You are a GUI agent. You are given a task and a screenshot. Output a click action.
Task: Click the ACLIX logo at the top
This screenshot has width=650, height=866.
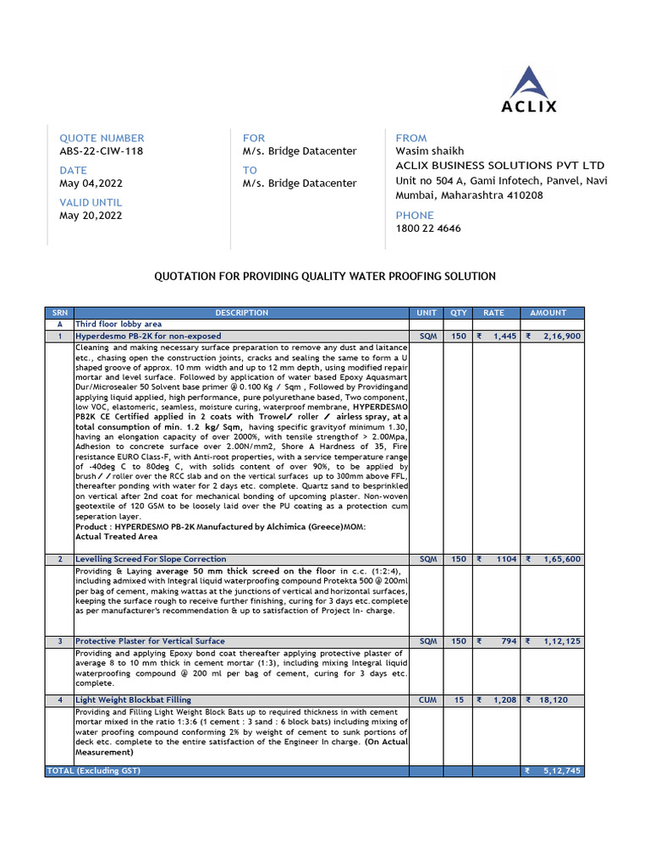point(529,90)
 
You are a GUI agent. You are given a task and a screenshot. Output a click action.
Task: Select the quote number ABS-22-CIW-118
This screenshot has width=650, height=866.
point(101,151)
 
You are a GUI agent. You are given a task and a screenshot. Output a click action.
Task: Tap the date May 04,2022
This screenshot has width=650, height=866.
point(91,184)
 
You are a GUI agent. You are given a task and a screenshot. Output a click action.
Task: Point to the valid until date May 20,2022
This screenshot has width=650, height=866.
point(91,216)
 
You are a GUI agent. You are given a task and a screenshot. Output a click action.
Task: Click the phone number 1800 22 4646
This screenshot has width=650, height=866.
point(428,228)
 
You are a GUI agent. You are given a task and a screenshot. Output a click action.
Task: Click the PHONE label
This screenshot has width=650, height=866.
point(415,215)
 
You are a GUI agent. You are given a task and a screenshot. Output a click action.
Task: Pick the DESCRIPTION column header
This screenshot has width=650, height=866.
point(241,313)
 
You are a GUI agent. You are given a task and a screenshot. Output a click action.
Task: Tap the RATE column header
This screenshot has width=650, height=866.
point(493,313)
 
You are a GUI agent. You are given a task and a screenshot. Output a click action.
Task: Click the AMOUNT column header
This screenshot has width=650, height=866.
point(548,313)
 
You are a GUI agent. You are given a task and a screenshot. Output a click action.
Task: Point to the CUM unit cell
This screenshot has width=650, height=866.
point(428,700)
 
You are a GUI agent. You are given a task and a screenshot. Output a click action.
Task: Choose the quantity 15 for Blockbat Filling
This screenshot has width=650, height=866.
point(459,700)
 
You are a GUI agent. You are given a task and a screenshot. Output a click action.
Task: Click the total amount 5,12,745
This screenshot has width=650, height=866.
point(561,771)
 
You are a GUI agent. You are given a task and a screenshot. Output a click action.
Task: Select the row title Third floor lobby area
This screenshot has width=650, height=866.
point(118,324)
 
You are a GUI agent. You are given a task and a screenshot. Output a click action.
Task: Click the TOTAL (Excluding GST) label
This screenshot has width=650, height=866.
point(93,771)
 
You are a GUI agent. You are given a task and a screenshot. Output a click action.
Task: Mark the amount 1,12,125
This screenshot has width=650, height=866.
point(562,641)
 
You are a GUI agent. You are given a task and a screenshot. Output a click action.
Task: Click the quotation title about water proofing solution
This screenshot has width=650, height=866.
point(324,277)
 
